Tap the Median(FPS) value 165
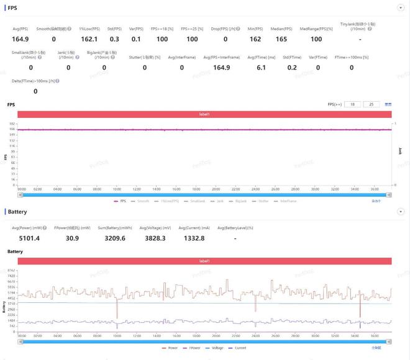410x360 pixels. pos(281,38)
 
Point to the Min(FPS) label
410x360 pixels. pos(255,29)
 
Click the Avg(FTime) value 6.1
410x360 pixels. pos(261,67)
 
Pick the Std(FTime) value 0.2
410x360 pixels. pos(292,67)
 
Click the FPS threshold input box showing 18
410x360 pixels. pos(353,104)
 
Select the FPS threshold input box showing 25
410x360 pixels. pos(371,104)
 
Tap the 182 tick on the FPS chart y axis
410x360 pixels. pos(12,124)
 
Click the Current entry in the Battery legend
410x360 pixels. pos(240,348)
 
